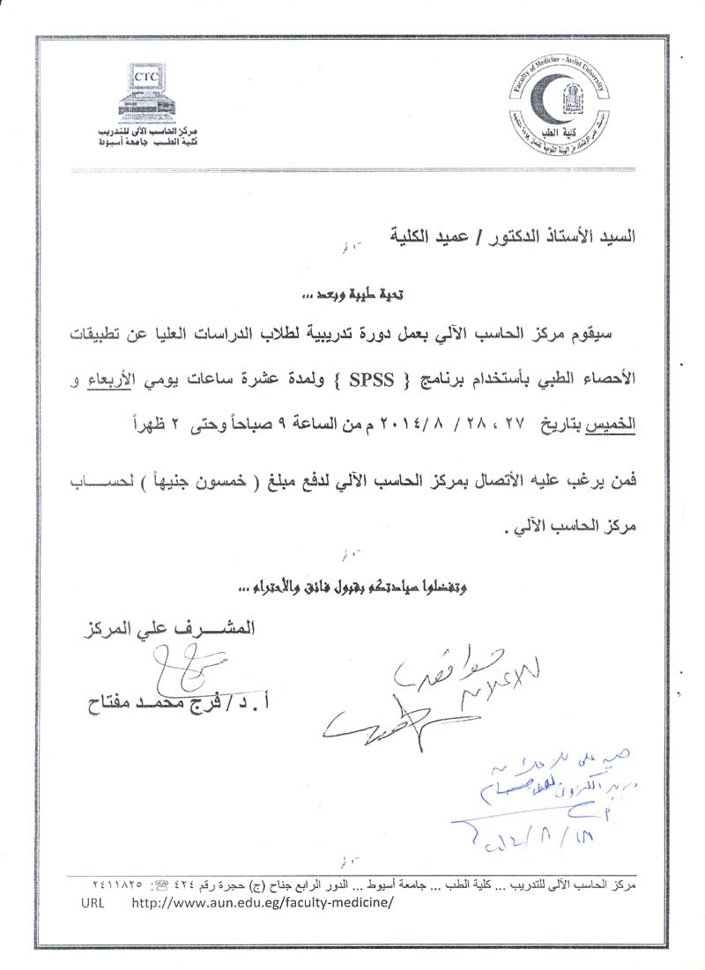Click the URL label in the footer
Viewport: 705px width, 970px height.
click(93, 903)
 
